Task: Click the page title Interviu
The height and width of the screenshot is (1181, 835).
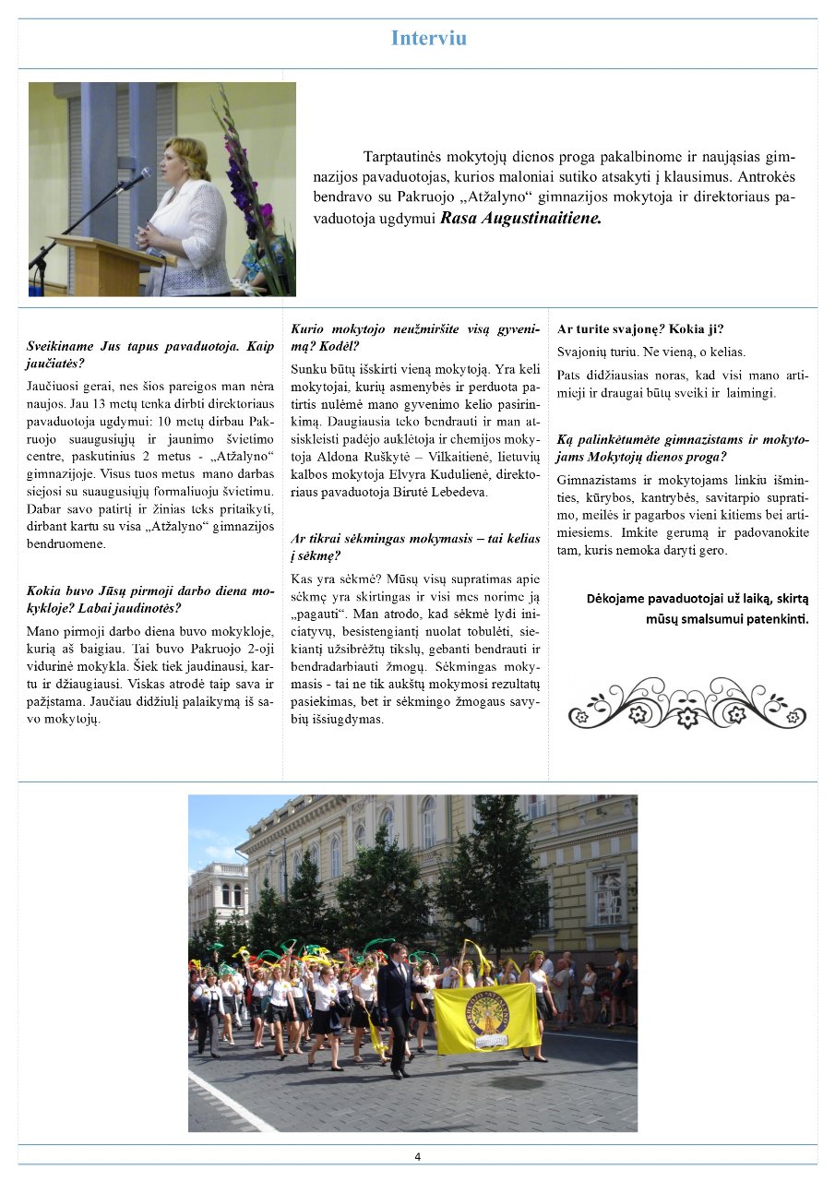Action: click(429, 39)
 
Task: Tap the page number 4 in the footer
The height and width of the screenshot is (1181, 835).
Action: click(418, 1157)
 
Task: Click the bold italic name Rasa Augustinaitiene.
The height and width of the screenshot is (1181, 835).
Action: click(521, 220)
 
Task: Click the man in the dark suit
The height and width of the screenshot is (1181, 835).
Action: click(395, 1006)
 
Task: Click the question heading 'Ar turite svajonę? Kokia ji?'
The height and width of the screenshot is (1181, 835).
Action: click(640, 329)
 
